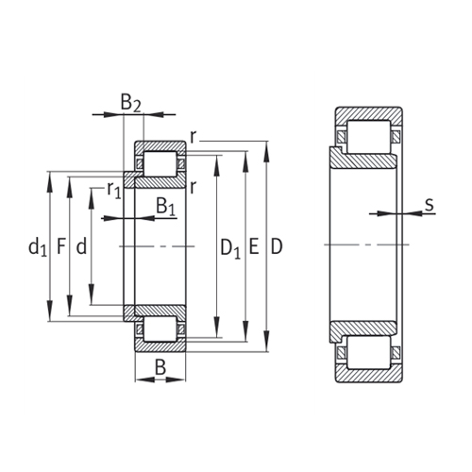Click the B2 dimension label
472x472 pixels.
point(131,103)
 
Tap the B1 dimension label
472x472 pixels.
point(164,206)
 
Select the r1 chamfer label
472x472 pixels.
point(113,191)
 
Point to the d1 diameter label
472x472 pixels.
point(37,247)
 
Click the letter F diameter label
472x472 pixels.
point(61,247)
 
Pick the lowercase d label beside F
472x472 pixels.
point(82,247)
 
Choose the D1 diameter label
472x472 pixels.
point(230,247)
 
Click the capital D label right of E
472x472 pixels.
point(276,247)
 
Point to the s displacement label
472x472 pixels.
point(429,203)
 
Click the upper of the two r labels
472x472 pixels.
point(193,138)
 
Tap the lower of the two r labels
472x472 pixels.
point(193,186)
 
